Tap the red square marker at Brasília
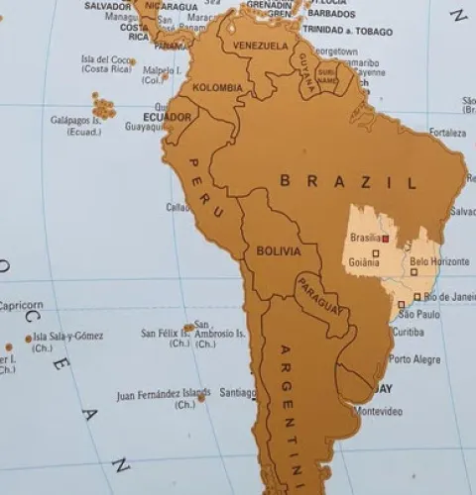pyautogui.click(x=385, y=239)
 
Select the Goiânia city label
pyautogui.click(x=365, y=262)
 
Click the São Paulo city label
pyautogui.click(x=418, y=314)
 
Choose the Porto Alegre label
pyautogui.click(x=414, y=359)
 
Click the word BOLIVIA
pyautogui.click(x=278, y=251)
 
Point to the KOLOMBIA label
pyautogui.click(x=217, y=87)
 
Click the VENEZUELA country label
pyautogui.click(x=260, y=46)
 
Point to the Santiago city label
pyautogui.click(x=238, y=391)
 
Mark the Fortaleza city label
pyautogui.click(x=447, y=132)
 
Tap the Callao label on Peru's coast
pyautogui.click(x=178, y=207)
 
